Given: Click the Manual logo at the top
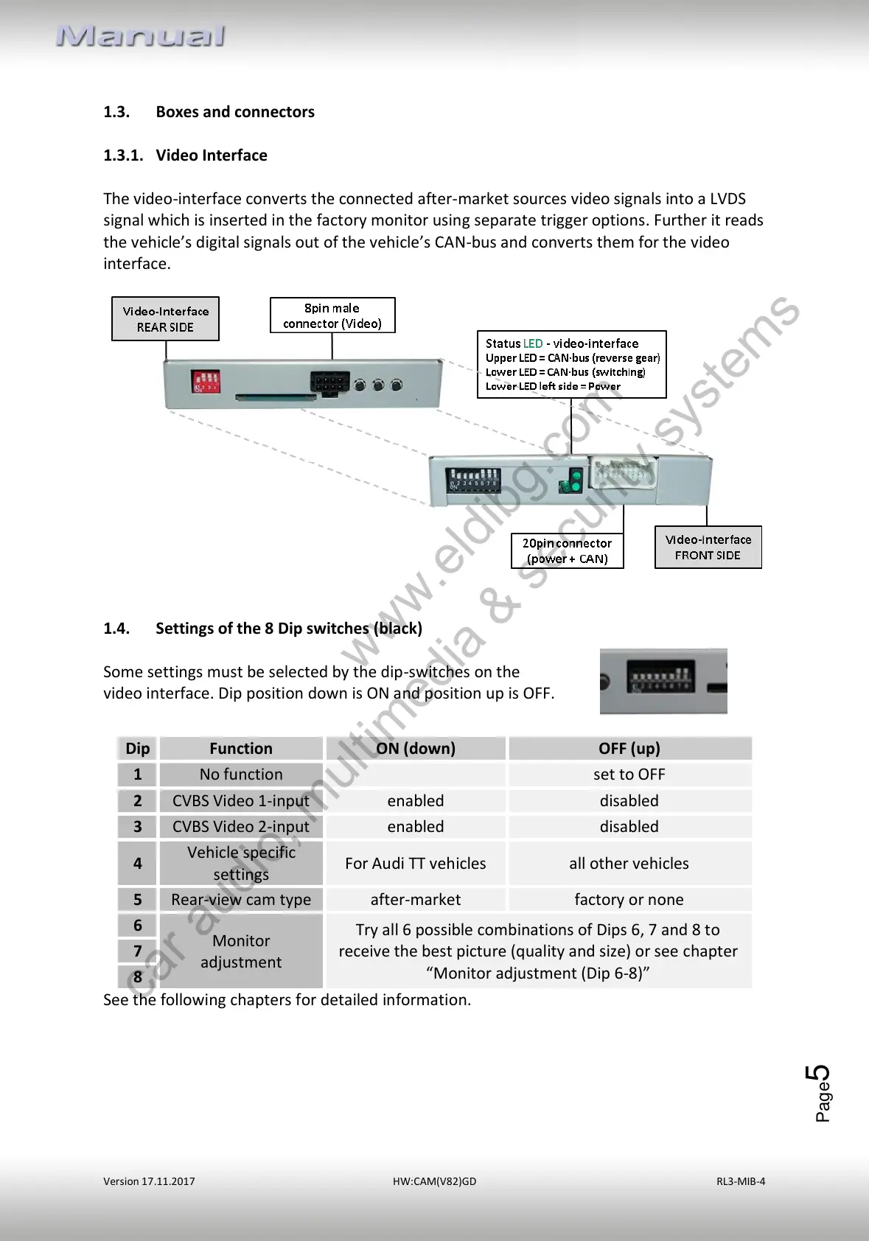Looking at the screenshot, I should (x=141, y=36).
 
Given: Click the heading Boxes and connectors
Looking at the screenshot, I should (x=234, y=112).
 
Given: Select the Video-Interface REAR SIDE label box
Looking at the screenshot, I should (x=165, y=319).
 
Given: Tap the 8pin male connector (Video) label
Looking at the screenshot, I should (x=332, y=315).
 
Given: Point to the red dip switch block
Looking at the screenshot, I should (x=206, y=381).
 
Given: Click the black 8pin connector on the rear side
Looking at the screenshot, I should (x=329, y=382).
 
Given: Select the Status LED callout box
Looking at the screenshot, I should (x=571, y=365).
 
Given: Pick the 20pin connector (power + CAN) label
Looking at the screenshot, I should (x=567, y=551).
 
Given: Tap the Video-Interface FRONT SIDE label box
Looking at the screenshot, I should (x=708, y=548).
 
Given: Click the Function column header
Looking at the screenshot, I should (x=241, y=749).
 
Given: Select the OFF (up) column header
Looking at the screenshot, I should (x=629, y=749).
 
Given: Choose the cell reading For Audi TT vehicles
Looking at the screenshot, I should (x=416, y=864).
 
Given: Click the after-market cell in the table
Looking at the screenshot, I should (x=416, y=900).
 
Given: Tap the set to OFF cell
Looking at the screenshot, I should (x=629, y=775).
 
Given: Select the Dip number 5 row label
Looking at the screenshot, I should (x=138, y=900).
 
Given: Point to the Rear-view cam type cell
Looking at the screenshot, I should (x=241, y=900).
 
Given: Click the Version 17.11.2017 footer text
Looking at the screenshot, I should (x=149, y=1181).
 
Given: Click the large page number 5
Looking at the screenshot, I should (x=818, y=1075).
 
